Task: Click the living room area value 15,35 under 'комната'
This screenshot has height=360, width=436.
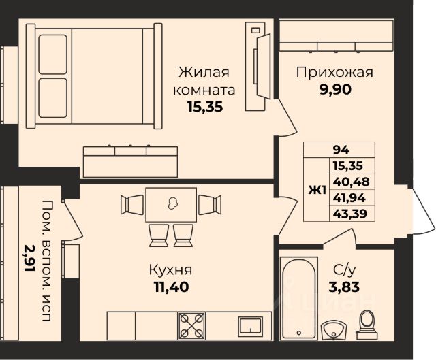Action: pyautogui.click(x=205, y=107)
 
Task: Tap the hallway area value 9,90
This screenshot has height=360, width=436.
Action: pyautogui.click(x=335, y=90)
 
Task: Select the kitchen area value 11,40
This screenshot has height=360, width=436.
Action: pyautogui.click(x=172, y=287)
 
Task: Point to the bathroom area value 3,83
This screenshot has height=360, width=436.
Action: pyautogui.click(x=344, y=287)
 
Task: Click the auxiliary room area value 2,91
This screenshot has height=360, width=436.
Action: pyautogui.click(x=29, y=258)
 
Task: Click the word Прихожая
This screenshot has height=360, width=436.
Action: pyautogui.click(x=334, y=73)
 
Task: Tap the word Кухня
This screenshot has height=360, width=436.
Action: pyautogui.click(x=170, y=269)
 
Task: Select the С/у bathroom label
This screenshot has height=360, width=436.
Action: pyautogui.click(x=344, y=269)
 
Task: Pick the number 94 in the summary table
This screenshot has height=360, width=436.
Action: pyautogui.click(x=341, y=150)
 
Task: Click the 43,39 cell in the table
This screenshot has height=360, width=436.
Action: pyautogui.click(x=350, y=214)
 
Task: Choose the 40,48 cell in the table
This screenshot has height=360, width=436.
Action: pyautogui.click(x=352, y=182)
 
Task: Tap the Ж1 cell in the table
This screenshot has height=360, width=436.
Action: pyautogui.click(x=317, y=191)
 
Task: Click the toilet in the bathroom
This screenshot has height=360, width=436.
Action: pyautogui.click(x=367, y=325)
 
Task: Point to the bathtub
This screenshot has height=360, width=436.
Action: pyautogui.click(x=298, y=298)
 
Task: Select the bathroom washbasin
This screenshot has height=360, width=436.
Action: pyautogui.click(x=334, y=330)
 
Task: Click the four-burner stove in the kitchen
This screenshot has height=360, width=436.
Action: pyautogui.click(x=192, y=326)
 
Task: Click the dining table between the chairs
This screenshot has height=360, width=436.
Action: pyautogui.click(x=171, y=205)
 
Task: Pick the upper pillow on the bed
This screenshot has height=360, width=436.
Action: pyautogui.click(x=53, y=54)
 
